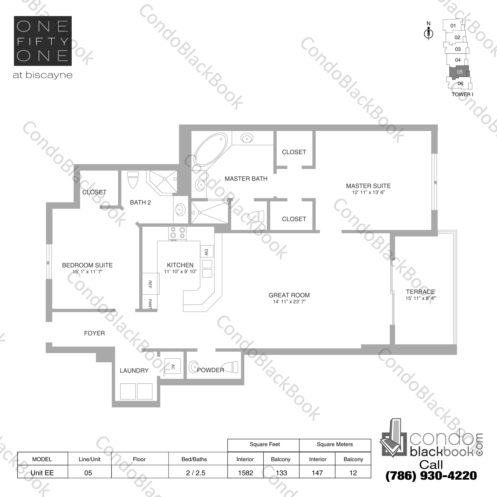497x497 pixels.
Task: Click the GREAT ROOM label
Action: tap(289, 295)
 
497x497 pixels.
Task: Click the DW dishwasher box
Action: tap(206, 252)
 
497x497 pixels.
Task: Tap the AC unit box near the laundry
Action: tap(173, 366)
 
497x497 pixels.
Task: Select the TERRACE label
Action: tap(420, 292)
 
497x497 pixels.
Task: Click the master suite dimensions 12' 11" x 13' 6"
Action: tap(368, 192)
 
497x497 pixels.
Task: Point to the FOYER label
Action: tap(94, 333)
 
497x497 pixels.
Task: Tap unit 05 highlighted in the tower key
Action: tap(459, 72)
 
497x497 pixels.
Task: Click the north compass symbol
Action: tap(428, 33)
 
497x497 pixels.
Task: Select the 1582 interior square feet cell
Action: tap(245, 473)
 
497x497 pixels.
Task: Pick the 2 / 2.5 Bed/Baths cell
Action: tap(196, 473)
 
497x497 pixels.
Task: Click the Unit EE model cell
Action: tap(42, 473)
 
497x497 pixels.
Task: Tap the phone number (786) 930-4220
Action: tap(431, 476)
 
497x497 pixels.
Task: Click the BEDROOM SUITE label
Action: tap(88, 265)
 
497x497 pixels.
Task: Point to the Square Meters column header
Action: tap(335, 444)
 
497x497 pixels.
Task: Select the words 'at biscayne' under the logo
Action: tap(43, 75)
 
